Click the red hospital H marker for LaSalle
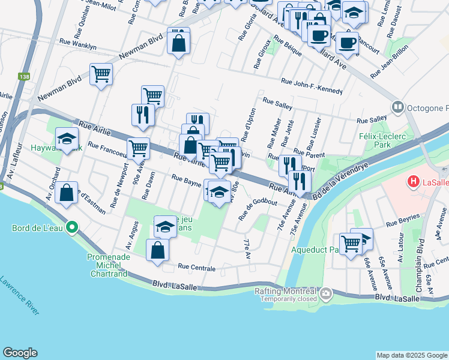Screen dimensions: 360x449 [413, 181]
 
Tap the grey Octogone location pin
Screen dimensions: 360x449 [397, 107]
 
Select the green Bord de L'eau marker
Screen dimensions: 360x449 [71, 227]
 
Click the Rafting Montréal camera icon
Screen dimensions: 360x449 [326, 294]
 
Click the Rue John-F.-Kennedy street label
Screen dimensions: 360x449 [312, 86]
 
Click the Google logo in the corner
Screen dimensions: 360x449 [20, 352]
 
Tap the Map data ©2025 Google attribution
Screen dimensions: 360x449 [411, 355]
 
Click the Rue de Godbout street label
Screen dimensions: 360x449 [258, 208]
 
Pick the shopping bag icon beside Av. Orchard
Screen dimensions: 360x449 [67, 193]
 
